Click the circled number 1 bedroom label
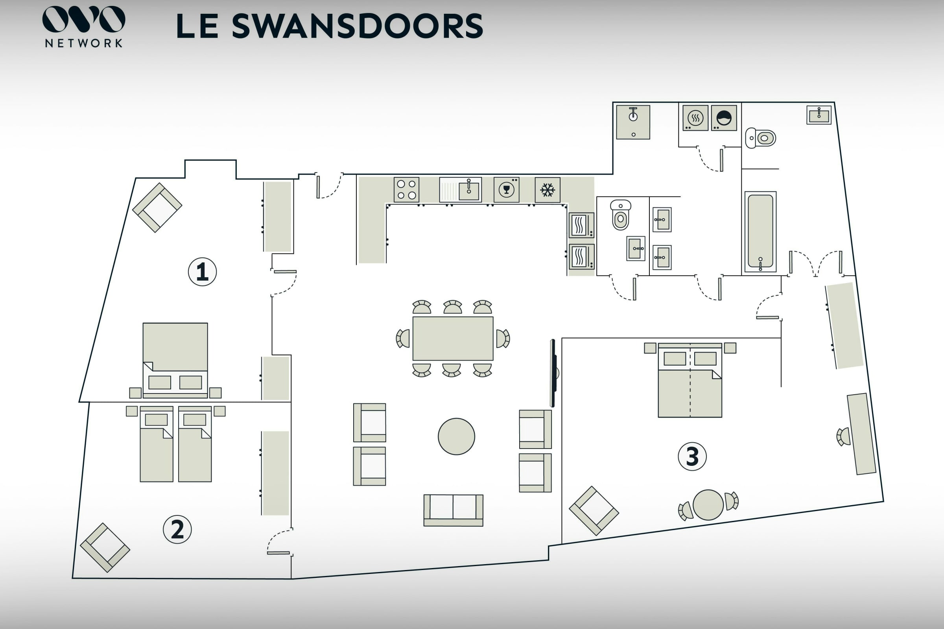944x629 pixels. pos(202,272)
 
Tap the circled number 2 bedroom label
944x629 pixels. pos(177,530)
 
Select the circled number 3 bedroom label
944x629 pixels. pos(692,456)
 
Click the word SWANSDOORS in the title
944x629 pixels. pos(357,26)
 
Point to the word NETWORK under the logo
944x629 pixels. pos(83,43)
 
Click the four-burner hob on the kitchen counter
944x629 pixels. pos(406,190)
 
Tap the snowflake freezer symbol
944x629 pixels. pos(548,190)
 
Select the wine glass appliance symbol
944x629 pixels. pos(507,190)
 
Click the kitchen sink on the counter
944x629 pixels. pos(460,190)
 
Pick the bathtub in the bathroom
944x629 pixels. pos(760,232)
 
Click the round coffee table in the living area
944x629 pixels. pos(456,436)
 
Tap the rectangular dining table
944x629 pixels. pos(453,338)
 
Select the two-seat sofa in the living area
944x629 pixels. pos(453,510)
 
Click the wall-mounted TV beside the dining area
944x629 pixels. pos(553,373)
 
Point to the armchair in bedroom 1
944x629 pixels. pos(157,208)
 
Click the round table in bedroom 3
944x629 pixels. pos(708,505)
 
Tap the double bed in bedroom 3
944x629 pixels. pos(690,380)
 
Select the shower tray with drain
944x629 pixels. pos(633,122)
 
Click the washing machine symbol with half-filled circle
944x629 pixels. pos(724,118)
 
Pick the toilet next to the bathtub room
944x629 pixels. pos(760,138)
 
